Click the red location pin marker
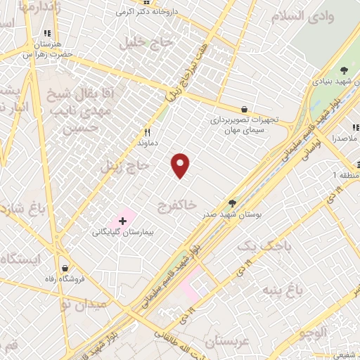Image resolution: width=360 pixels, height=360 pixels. click(x=181, y=165)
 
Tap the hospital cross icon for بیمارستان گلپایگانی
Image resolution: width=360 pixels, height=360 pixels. click(x=123, y=221)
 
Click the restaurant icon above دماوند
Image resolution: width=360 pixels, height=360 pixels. click(x=148, y=131)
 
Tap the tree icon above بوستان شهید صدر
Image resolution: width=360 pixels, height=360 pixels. click(x=232, y=203)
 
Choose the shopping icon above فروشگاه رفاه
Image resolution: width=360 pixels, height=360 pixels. click(x=65, y=268)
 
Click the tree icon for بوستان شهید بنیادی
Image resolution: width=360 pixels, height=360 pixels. click(x=344, y=70)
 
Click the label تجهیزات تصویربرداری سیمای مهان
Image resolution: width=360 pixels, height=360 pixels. click(x=244, y=124)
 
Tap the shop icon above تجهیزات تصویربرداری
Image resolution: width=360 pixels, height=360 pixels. click(x=244, y=109)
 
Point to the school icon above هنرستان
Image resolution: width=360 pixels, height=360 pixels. click(x=47, y=33)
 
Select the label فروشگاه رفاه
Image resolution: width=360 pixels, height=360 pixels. click(x=65, y=279)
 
